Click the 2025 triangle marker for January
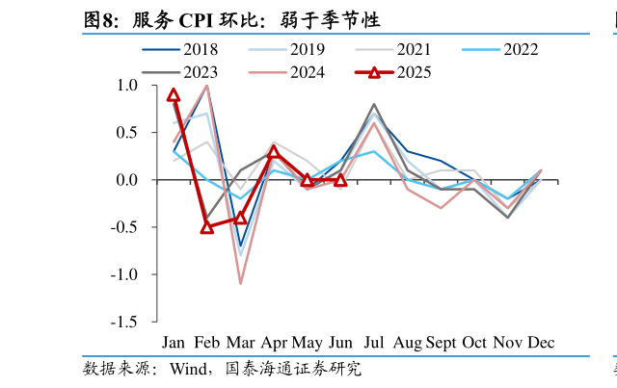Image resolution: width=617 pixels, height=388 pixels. [x=174, y=94]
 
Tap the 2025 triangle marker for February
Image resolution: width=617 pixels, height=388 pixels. [x=207, y=227]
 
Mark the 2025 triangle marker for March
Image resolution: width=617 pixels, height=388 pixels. [x=240, y=218]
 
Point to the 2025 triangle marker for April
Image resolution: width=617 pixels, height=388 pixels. [x=274, y=151]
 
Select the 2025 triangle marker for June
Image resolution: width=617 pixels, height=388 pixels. [x=340, y=180]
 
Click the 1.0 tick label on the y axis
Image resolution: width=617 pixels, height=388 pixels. [x=126, y=85]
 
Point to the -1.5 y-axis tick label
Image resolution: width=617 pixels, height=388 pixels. [x=122, y=322]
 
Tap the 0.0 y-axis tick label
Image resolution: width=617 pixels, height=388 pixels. [x=126, y=180]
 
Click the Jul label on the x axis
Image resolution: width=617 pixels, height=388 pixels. [x=374, y=343]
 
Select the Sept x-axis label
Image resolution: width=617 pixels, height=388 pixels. [x=441, y=343]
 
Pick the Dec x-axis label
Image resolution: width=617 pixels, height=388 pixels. [x=540, y=343]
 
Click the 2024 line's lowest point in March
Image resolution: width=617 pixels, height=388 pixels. [x=240, y=284]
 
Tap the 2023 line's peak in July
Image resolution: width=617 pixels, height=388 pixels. [x=374, y=104]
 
